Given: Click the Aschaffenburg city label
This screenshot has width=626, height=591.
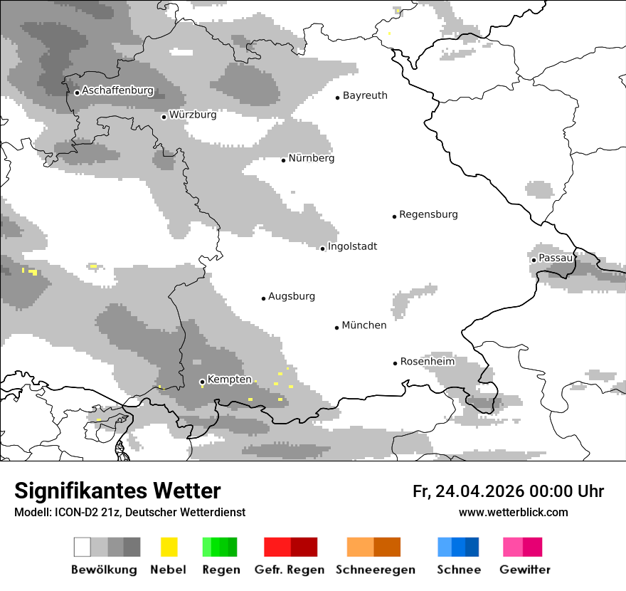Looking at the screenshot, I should click(x=117, y=90).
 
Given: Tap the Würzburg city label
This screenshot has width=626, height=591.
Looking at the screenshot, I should click(x=193, y=115).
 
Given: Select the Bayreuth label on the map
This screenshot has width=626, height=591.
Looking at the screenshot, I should click(x=365, y=95).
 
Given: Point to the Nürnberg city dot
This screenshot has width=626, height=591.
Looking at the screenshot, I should click(x=283, y=160).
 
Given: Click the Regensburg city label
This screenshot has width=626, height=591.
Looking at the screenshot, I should click(x=428, y=214).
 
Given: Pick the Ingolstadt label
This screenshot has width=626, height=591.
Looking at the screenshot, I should click(x=352, y=246).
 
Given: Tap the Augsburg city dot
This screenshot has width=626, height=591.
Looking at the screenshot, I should click(x=263, y=298).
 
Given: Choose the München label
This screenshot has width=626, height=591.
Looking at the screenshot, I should click(x=364, y=325).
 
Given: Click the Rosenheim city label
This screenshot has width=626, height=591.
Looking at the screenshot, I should click(x=428, y=362).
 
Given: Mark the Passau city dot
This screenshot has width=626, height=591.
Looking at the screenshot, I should click(x=534, y=260).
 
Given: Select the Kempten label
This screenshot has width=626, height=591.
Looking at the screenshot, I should click(x=229, y=380).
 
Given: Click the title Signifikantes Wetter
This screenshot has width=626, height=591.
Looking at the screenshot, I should click(x=117, y=491).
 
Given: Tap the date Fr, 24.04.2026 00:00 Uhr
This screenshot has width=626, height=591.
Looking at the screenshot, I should click(x=508, y=491).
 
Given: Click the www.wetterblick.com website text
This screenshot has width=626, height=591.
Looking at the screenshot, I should click(x=513, y=513).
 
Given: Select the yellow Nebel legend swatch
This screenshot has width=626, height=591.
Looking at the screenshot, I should click(x=169, y=547).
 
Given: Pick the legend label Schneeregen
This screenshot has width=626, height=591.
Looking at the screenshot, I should click(x=375, y=570).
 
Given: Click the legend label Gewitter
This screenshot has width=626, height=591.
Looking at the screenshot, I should click(x=524, y=570).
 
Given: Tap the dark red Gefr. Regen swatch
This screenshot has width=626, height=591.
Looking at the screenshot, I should click(x=304, y=547).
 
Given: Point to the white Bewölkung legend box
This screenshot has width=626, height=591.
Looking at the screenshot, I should click(x=83, y=547).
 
